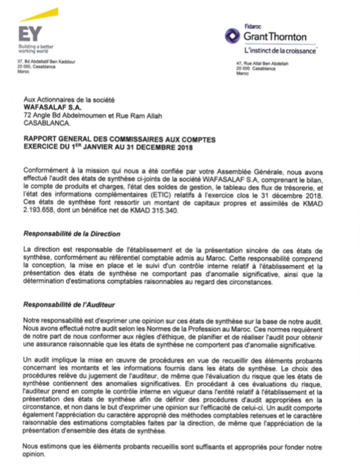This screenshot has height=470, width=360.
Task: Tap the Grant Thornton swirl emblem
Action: (233, 36)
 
